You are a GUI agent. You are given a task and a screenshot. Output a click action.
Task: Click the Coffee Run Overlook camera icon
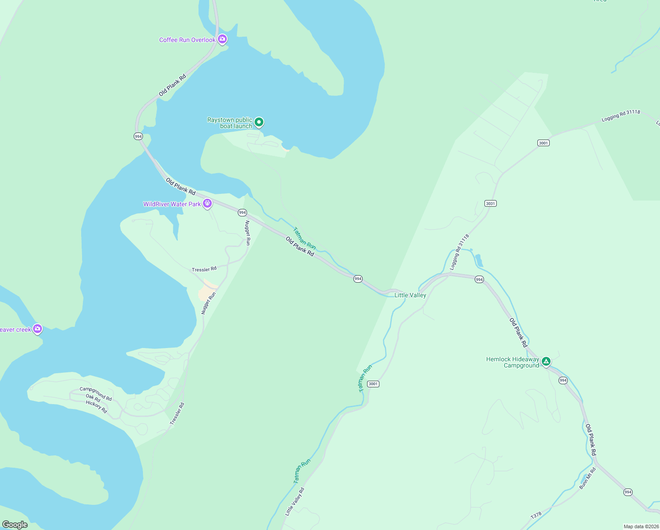(x=222, y=39)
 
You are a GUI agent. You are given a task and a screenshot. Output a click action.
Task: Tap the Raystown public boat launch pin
(x=259, y=121)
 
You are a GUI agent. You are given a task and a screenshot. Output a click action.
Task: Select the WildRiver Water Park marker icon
(x=207, y=204)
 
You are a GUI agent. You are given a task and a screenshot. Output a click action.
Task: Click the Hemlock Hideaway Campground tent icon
(x=546, y=362)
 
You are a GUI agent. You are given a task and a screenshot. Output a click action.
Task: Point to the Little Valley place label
(x=410, y=295)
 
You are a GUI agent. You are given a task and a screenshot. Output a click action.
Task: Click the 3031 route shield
(x=490, y=203)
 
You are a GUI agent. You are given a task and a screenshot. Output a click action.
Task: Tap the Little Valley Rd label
(x=295, y=502)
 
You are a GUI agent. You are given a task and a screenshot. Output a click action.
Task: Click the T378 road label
(x=536, y=515)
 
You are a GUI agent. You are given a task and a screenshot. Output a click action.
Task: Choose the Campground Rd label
(x=96, y=394)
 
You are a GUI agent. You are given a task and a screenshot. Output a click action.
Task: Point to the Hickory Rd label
(x=96, y=406)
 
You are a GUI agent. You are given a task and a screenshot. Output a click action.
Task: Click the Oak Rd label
(x=93, y=399)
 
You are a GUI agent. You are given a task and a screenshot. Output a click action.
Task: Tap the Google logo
(x=15, y=525)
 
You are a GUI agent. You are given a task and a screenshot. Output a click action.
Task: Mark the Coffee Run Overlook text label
(x=187, y=40)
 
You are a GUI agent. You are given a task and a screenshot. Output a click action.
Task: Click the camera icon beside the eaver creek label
(x=37, y=329)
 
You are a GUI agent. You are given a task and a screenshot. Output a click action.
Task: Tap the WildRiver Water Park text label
(x=172, y=204)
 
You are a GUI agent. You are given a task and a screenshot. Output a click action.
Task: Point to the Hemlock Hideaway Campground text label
(x=513, y=362)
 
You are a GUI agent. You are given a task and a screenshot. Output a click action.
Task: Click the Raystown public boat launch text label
(x=230, y=123)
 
